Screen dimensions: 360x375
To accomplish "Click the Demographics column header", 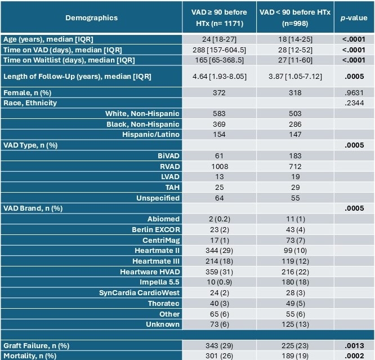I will (91, 17).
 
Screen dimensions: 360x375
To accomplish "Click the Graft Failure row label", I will (32, 345).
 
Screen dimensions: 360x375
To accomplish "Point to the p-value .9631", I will (353, 92).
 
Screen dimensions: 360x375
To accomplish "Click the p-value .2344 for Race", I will (353, 103).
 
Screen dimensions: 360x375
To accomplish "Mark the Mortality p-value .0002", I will (353, 355).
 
